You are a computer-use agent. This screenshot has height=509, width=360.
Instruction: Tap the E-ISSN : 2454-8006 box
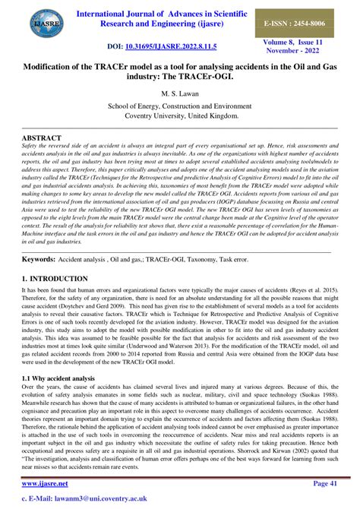[x=311, y=23]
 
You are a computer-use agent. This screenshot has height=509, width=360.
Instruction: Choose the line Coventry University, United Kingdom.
[x=180, y=117]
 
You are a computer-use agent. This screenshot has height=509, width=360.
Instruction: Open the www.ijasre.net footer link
[x=46, y=483]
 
